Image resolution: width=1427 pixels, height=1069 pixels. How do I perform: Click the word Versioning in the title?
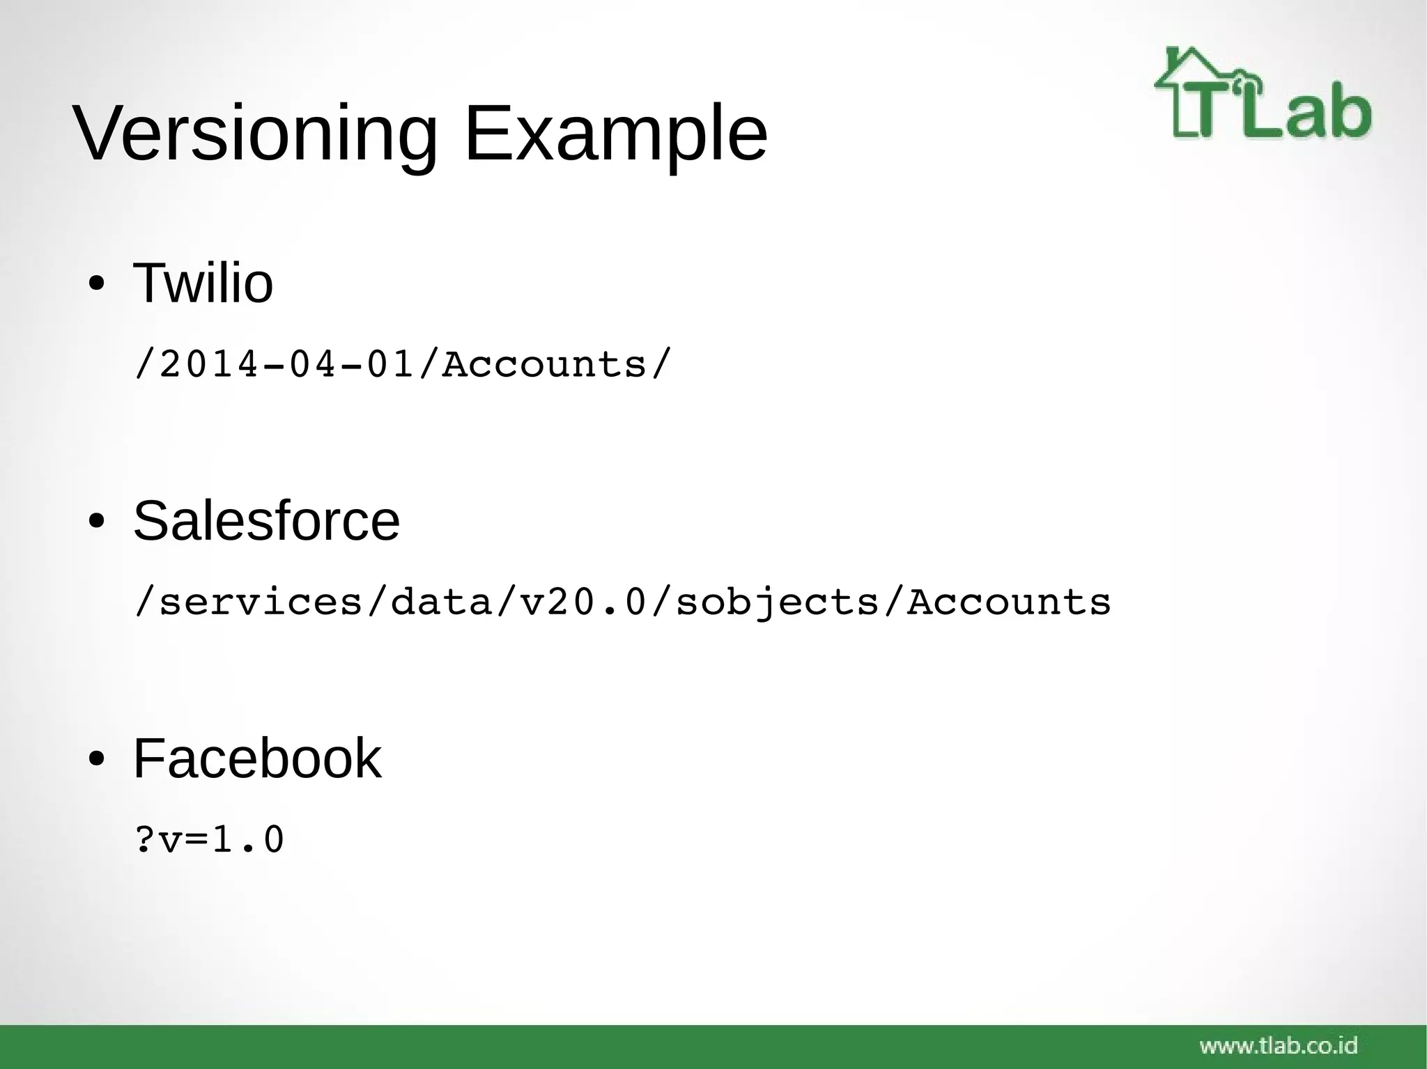(x=255, y=134)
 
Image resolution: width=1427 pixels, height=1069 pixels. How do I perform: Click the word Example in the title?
(x=615, y=134)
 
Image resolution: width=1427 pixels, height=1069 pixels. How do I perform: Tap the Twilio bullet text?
(x=203, y=283)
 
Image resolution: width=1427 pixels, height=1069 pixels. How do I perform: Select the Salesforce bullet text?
(x=266, y=521)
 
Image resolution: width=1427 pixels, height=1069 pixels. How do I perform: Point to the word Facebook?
(x=257, y=758)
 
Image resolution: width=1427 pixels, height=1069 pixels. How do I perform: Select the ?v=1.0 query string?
(x=209, y=840)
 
